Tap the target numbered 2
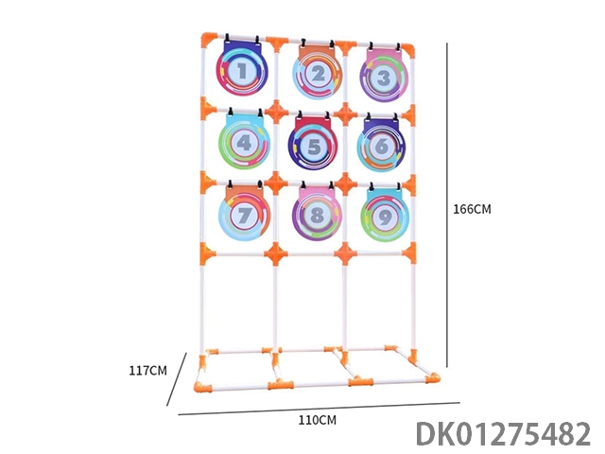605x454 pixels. [318, 72]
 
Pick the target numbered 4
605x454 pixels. [244, 142]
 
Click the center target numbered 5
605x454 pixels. [313, 144]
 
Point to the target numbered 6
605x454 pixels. [381, 146]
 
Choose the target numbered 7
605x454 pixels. [243, 214]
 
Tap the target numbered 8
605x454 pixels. [317, 214]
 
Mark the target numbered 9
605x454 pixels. [385, 216]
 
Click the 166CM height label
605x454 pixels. [472, 209]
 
